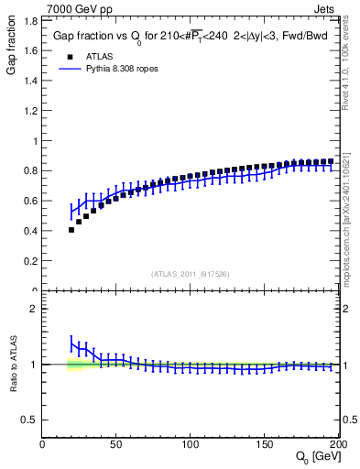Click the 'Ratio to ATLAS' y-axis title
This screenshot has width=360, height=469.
coord(11,365)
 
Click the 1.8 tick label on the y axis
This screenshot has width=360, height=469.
coord(29,50)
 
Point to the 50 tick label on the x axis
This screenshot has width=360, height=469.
coord(117,444)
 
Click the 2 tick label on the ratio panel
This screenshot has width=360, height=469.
coord(33,309)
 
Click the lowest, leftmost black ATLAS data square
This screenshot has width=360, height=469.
coord(71,230)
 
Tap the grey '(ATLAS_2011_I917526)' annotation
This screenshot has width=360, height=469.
coord(191,273)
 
